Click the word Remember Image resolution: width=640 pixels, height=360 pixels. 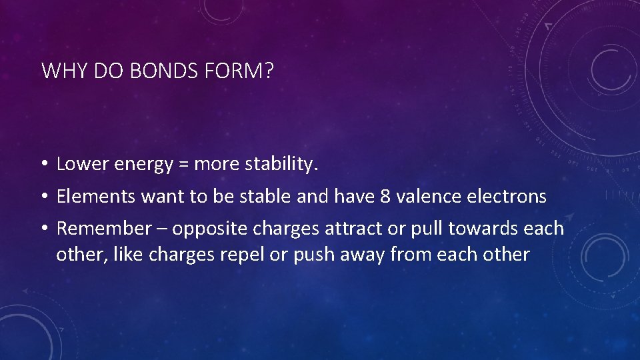pyautogui.click(x=104, y=229)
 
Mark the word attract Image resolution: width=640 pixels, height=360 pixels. pyautogui.click(x=350, y=229)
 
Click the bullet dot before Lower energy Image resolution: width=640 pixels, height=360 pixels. pyautogui.click(x=43, y=165)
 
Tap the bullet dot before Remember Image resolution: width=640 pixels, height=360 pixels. pyautogui.click(x=43, y=229)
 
